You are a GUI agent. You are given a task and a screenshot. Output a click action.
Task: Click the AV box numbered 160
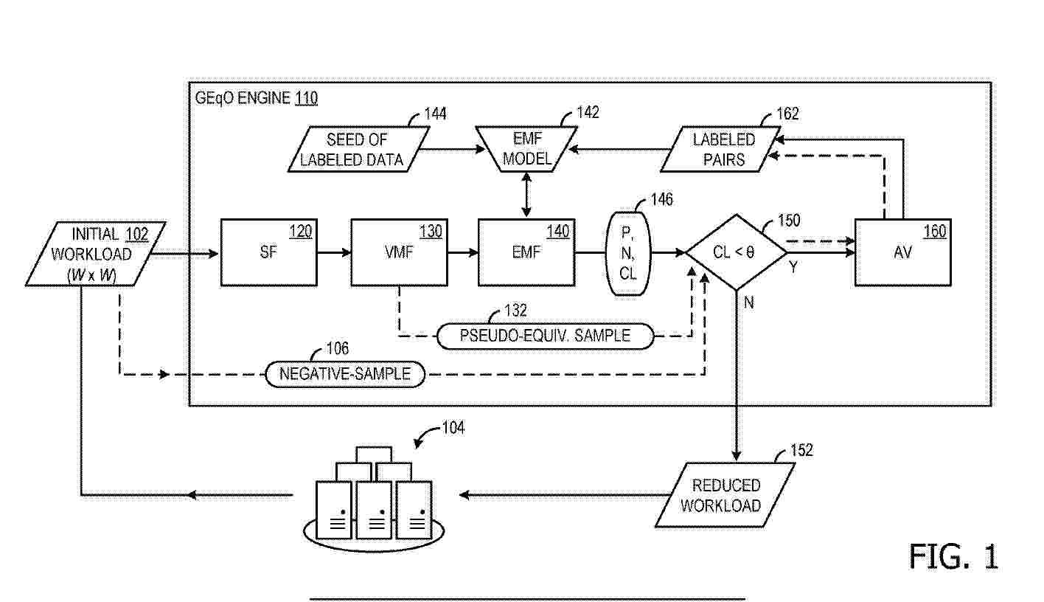tap(902, 252)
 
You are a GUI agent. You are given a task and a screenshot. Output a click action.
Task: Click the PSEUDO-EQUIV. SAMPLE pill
tap(545, 336)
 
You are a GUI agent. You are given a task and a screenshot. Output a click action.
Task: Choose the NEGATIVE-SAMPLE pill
tap(345, 374)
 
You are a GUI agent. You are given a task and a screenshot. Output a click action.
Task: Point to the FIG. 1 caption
tap(953, 556)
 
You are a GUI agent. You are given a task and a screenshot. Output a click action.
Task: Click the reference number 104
tap(453, 427)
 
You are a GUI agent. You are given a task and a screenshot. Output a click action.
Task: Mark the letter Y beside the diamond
tap(793, 267)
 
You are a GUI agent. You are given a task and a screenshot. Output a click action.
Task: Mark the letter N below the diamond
tap(748, 302)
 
